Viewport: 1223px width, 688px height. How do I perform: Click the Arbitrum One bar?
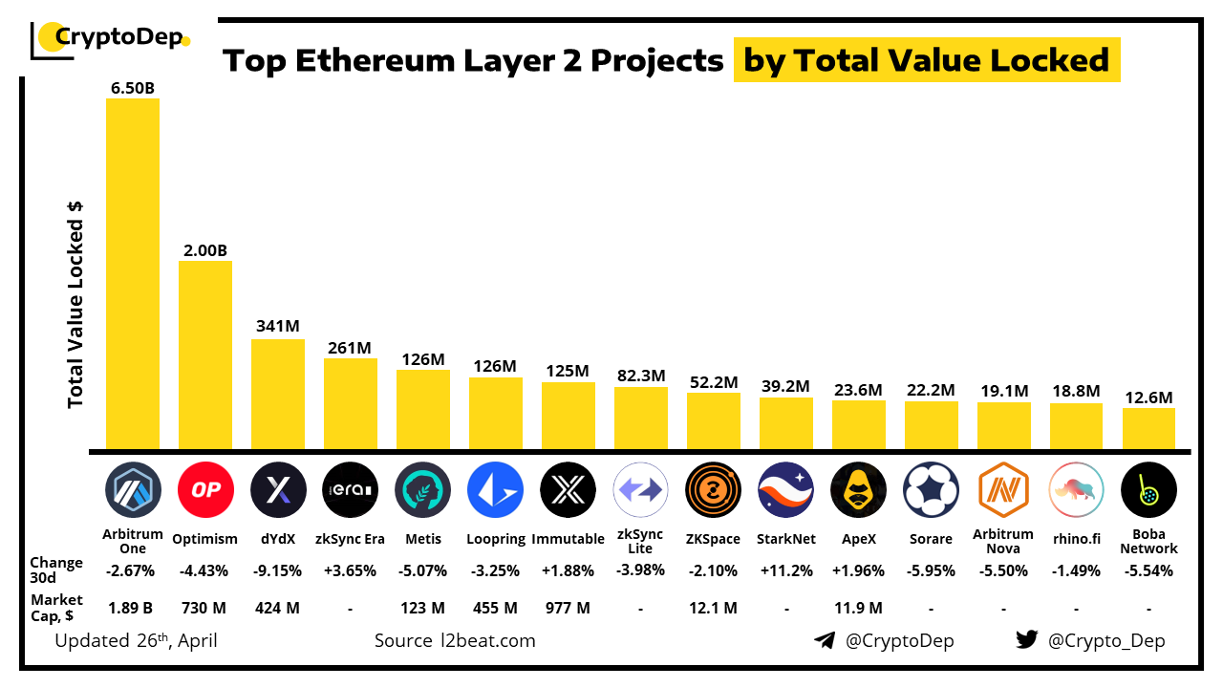click(x=133, y=273)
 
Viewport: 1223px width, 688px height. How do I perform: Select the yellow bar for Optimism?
click(x=205, y=355)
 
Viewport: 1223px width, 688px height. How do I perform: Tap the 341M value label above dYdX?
click(x=278, y=325)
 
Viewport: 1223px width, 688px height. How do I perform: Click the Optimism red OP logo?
click(x=205, y=489)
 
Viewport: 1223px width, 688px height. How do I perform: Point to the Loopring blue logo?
click(x=495, y=489)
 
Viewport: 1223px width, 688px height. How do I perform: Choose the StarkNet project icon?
click(x=785, y=489)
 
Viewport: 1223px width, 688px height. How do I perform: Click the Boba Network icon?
click(x=1148, y=489)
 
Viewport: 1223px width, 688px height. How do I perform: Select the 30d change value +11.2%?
click(x=785, y=570)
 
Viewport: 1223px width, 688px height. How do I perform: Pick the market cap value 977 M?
click(x=568, y=608)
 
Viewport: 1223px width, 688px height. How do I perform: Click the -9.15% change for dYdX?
click(x=278, y=570)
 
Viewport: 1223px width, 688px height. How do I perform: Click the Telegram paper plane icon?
click(x=825, y=640)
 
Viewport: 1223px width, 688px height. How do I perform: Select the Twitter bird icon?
click(x=1026, y=640)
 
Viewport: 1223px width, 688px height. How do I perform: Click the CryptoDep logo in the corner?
click(x=111, y=39)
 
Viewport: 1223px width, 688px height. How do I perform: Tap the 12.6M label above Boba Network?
click(x=1148, y=398)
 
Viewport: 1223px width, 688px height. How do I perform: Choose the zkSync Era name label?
click(x=350, y=539)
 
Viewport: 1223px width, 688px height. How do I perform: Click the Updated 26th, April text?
click(x=136, y=640)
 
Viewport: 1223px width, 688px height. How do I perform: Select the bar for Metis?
click(x=422, y=410)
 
